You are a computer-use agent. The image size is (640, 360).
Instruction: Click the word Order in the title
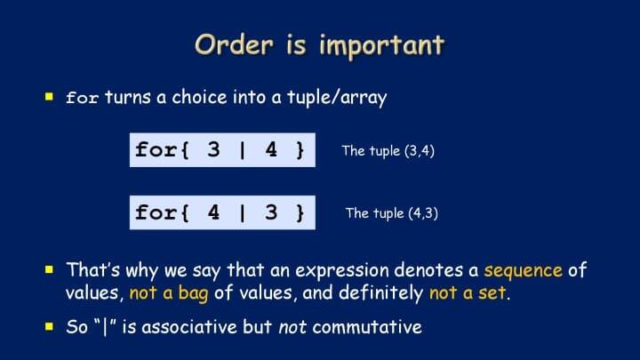[x=234, y=44]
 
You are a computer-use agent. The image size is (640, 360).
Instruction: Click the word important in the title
[x=381, y=44]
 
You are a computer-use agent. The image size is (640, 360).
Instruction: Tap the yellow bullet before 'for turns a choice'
[x=50, y=96]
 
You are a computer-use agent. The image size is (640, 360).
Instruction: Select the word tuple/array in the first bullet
[x=337, y=97]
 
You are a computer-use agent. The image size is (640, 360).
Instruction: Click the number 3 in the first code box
[x=213, y=149]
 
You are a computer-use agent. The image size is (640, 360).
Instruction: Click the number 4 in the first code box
[x=271, y=149]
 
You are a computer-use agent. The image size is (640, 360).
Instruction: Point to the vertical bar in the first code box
[x=243, y=150]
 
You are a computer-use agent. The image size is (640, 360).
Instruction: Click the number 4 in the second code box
[x=213, y=212]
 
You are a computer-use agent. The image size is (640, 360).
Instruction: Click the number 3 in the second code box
[x=271, y=212]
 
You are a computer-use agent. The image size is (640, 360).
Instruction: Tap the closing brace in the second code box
[x=300, y=212]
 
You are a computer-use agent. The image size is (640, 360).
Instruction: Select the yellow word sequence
[x=524, y=270]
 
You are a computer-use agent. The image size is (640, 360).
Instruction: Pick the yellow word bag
[x=194, y=294]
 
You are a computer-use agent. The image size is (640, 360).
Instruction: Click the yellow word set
[x=492, y=293]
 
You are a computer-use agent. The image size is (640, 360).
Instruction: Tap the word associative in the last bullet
[x=189, y=327]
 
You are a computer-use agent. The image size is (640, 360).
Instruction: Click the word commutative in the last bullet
[x=367, y=327]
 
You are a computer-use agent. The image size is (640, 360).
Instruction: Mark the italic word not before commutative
[x=292, y=327]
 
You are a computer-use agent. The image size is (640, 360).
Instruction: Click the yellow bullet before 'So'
[x=50, y=326]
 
